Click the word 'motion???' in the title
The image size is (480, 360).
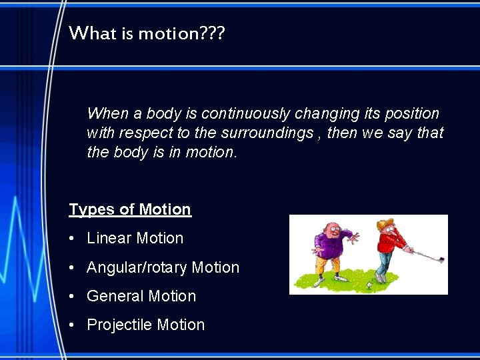tap(181, 33)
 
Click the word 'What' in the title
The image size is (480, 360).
tap(93, 33)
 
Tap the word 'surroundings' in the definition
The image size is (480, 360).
tap(257, 133)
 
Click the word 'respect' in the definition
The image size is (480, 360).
tap(145, 133)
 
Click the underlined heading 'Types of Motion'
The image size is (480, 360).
tap(130, 209)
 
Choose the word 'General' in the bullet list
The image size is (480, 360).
tap(115, 296)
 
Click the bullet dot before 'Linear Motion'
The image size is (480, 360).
tap(72, 239)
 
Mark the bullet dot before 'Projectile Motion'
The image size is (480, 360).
tap(72, 325)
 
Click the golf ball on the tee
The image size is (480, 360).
tap(369, 284)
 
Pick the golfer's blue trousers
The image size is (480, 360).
tap(382, 265)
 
